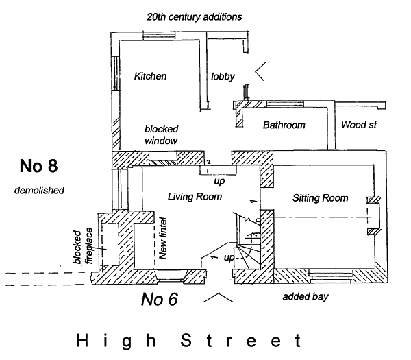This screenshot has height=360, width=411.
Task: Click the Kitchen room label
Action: pos(150,76)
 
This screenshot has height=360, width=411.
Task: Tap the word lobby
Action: pos(223,76)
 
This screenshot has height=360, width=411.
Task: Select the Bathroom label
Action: pos(284,125)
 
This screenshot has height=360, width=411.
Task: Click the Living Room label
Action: pos(195,197)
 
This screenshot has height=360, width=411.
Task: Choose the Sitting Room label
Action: pos(320,198)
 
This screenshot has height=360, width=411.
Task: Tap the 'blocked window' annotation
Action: pos(162,134)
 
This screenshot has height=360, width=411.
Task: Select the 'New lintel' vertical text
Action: pos(163,237)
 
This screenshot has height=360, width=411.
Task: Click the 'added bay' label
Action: pos(306,297)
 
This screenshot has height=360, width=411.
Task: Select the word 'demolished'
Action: pos(38,190)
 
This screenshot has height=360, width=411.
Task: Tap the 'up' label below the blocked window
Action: pos(219,183)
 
